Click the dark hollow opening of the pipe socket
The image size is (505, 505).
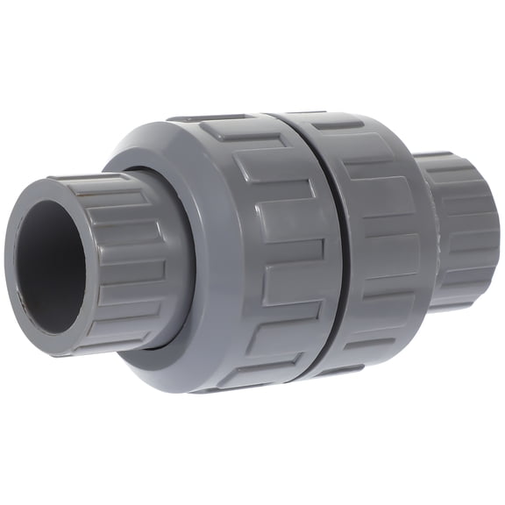(50, 267)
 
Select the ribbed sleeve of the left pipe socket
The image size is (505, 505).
(132, 254)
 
